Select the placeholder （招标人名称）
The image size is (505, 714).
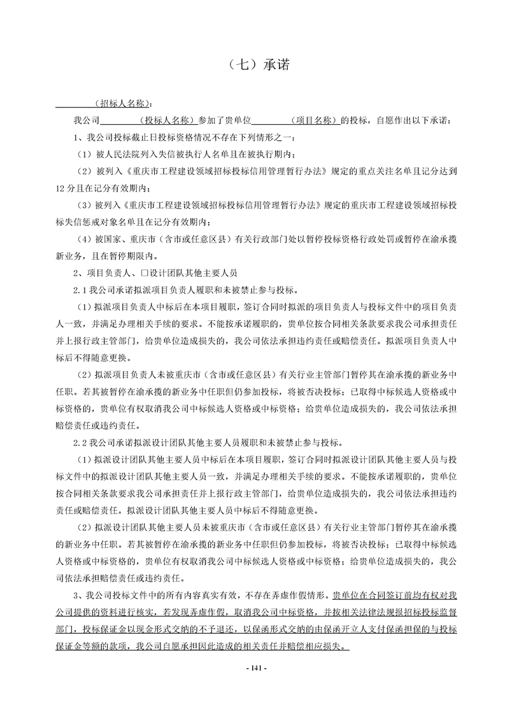pyautogui.click(x=121, y=103)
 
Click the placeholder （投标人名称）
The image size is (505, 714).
pyautogui.click(x=167, y=120)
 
